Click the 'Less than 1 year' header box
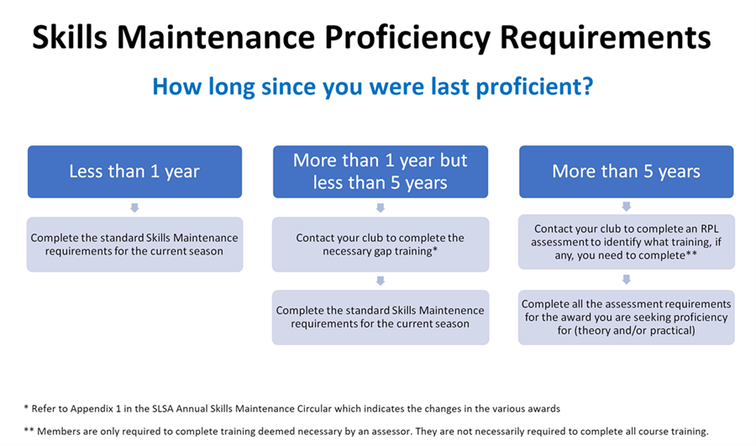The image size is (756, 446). coord(134,171)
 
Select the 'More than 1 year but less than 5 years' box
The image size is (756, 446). coord(381,171)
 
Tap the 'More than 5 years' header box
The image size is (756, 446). coord(627,171)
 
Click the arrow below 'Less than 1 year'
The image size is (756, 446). coord(134,207)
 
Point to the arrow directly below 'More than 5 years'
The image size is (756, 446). coord(627,207)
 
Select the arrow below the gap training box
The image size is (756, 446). coord(381,281)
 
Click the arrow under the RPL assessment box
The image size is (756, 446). coord(627,279)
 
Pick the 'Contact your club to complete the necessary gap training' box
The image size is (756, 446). coord(381,244)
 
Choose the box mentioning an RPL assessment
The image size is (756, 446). coord(627,242)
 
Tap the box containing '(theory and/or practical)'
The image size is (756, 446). coord(627,317)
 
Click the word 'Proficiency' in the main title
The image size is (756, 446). coord(407,39)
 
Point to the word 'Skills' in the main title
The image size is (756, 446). coord(70,37)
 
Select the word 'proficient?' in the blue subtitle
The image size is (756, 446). coord(535,87)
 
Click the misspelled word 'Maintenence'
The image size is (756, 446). coord(454,311)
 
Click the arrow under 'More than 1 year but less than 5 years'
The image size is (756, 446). coord(381,207)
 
